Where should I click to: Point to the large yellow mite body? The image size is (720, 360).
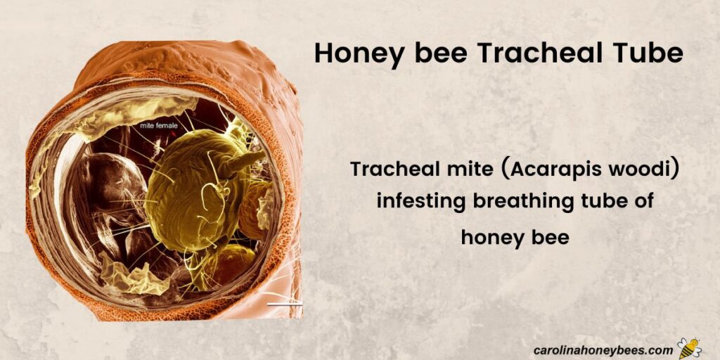190,190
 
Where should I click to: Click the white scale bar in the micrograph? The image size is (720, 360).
285,304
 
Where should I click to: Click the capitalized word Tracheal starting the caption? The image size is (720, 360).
390,170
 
